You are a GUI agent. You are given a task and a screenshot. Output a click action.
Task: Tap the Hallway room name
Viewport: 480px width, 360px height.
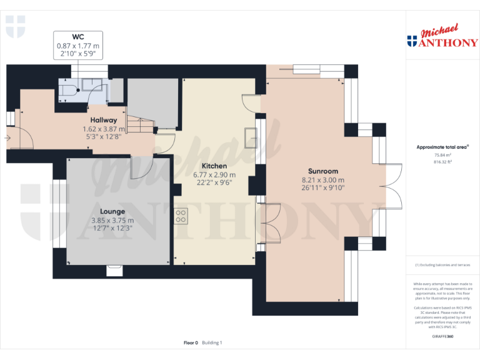(103, 120)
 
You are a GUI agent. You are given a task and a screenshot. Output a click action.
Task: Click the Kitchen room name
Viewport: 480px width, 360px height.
(214, 166)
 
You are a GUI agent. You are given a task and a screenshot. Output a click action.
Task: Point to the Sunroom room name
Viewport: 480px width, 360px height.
(323, 171)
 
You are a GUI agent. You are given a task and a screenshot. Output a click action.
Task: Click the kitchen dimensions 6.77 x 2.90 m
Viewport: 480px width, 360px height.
(214, 174)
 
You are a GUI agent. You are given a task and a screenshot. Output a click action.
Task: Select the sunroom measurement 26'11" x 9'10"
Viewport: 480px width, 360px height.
(323, 188)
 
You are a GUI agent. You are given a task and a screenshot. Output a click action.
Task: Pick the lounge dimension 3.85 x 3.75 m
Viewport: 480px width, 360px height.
(112, 220)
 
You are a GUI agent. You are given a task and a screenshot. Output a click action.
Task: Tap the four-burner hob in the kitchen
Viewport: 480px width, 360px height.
(181, 216)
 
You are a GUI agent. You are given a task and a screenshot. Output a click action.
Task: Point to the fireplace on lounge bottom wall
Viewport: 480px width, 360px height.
(114, 270)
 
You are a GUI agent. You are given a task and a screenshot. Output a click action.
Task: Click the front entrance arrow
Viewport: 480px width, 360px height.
(7, 137)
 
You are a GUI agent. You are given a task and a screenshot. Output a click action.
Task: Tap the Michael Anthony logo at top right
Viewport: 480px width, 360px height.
(442, 37)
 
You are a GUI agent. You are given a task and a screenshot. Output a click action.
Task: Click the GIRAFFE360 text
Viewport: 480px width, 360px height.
(442, 337)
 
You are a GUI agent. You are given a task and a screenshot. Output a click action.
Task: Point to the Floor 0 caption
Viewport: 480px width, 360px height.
(191, 342)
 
